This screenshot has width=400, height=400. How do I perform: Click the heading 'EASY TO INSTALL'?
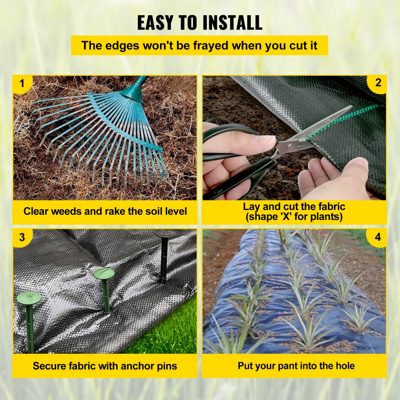click(x=200, y=23)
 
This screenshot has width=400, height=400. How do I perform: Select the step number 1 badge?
click(x=22, y=84)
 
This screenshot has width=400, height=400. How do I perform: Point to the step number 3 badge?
click(x=22, y=237)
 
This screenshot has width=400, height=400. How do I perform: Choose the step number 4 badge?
click(x=378, y=237)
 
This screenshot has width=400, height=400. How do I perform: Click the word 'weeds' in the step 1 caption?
click(x=58, y=211)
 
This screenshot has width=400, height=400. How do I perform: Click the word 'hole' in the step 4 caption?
click(x=343, y=366)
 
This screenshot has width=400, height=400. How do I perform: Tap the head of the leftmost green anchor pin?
click(x=29, y=298)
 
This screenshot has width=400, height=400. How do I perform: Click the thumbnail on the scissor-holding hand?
click(x=266, y=140)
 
